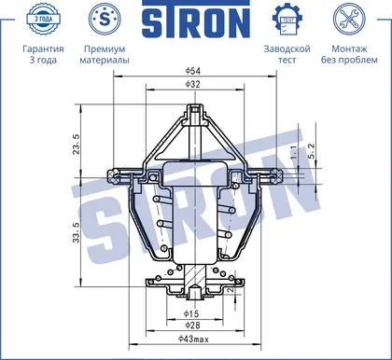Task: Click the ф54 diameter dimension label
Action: [193, 71]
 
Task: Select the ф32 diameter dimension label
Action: [193, 84]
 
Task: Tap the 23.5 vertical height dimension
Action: [77, 145]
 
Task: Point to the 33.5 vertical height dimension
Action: [77, 232]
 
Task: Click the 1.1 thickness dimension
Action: [294, 153]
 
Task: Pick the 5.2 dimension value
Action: [312, 151]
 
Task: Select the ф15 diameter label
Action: [191, 313]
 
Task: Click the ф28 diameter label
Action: [192, 325]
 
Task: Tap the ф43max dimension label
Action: [193, 339]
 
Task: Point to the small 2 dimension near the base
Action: [231, 290]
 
